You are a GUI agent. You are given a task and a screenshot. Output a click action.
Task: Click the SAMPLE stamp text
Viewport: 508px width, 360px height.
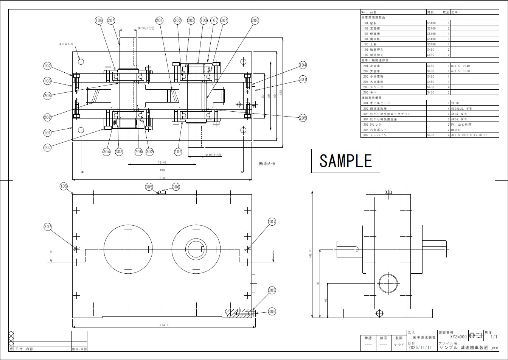[345, 161]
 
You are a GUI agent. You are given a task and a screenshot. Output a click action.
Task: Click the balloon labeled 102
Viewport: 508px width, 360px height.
[47, 66]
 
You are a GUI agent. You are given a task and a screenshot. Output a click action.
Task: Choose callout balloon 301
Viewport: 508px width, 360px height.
[303, 79]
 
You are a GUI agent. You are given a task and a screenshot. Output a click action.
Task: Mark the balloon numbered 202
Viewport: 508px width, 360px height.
[47, 117]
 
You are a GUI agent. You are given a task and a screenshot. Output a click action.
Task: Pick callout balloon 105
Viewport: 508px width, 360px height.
[64, 186]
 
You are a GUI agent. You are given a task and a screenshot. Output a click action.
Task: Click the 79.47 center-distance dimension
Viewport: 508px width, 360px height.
[162, 162]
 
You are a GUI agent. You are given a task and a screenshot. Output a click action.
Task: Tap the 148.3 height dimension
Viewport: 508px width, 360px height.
[310, 255]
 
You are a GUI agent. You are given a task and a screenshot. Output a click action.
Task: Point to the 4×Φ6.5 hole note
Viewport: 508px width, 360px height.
[66, 44]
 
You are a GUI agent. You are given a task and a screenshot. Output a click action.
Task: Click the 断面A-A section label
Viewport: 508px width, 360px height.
[267, 164]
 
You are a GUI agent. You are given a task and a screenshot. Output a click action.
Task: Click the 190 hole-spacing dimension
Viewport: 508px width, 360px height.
[162, 170]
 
